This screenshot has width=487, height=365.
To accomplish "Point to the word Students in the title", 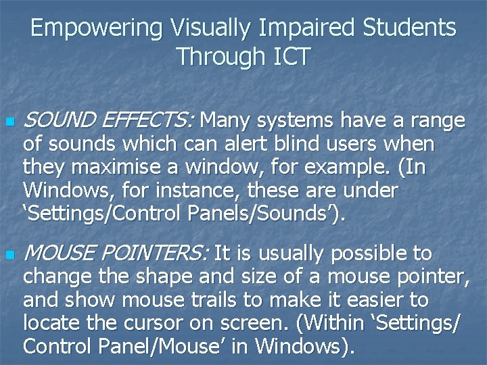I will coord(409,28).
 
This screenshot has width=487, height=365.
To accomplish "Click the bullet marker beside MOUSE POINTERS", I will coord(9,256).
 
